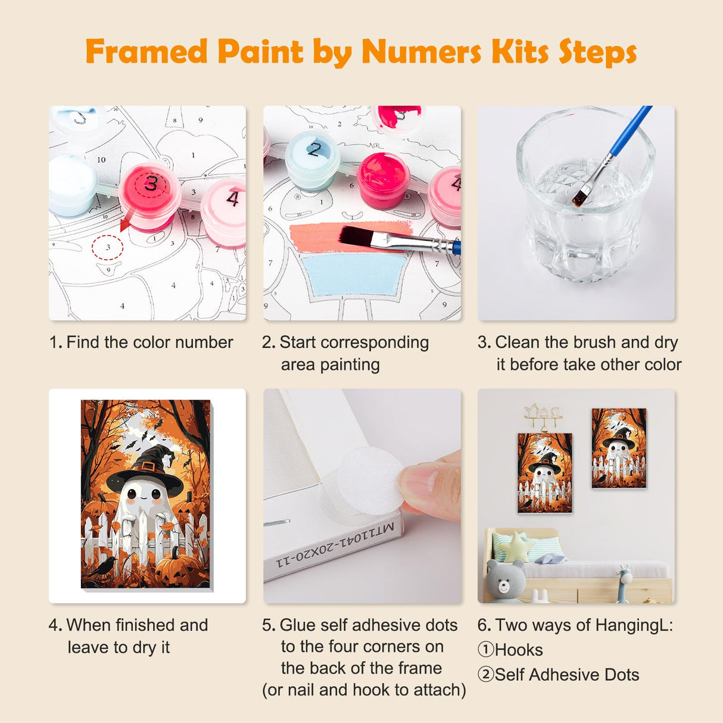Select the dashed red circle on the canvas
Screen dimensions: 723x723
(108, 247)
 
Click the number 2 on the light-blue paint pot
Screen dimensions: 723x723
(314, 149)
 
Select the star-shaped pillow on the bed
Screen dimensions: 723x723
(514, 547)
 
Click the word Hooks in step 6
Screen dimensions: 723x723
(519, 650)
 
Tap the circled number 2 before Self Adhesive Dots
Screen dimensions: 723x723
(485, 675)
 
